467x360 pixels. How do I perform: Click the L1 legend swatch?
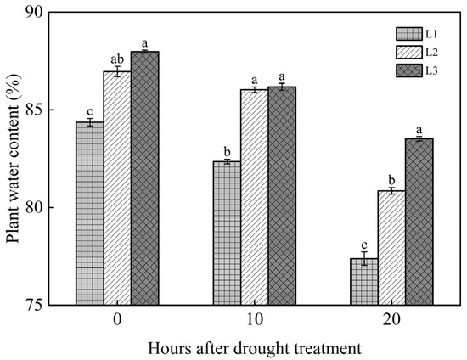409,34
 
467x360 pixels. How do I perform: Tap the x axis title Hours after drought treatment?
254,347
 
